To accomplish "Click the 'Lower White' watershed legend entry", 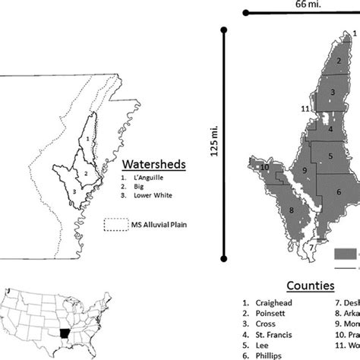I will point(150,196).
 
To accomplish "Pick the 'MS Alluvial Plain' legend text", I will point(159,225).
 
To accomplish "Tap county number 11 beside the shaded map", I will point(304,109).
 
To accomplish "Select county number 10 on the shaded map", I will point(265,168).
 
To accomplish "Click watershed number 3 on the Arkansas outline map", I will point(74,192).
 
